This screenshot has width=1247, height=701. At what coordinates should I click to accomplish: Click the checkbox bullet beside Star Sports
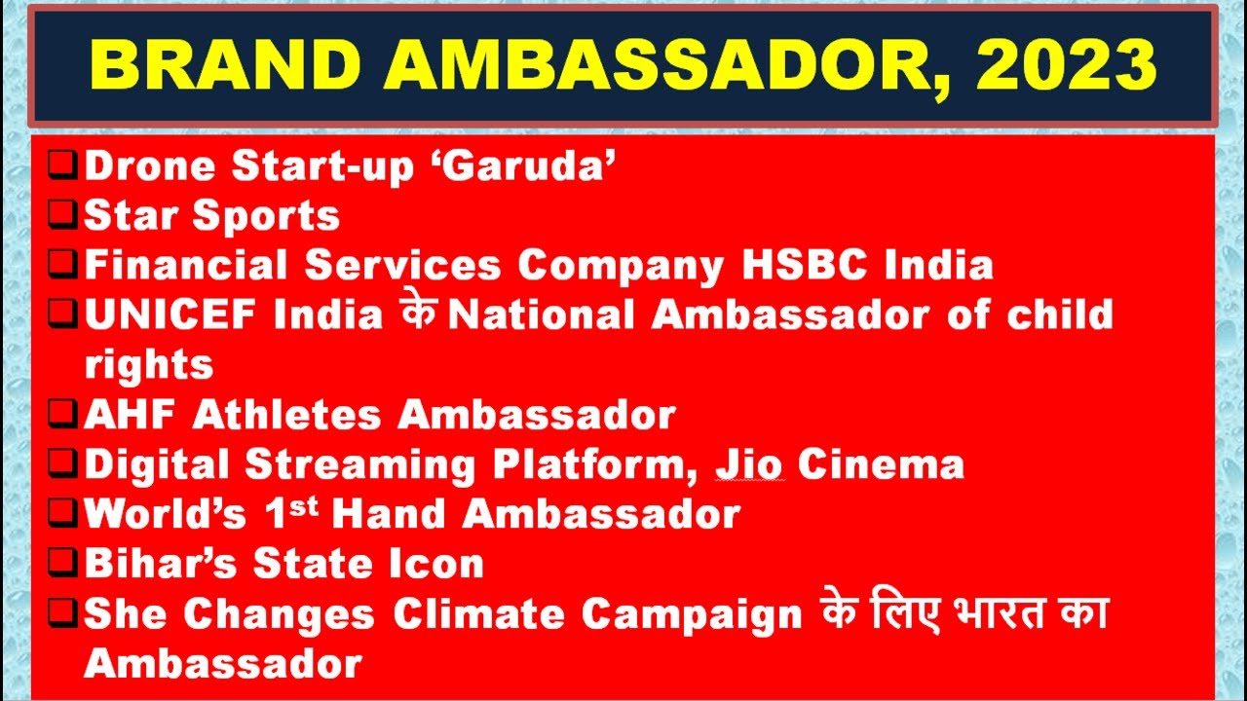(x=63, y=212)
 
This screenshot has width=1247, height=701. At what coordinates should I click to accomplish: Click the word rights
(x=148, y=365)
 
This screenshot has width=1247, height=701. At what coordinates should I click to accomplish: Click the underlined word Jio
(x=749, y=465)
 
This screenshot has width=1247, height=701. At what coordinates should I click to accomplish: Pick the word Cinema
(x=881, y=465)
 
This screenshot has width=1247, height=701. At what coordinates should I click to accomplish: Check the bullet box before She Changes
(x=63, y=611)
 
